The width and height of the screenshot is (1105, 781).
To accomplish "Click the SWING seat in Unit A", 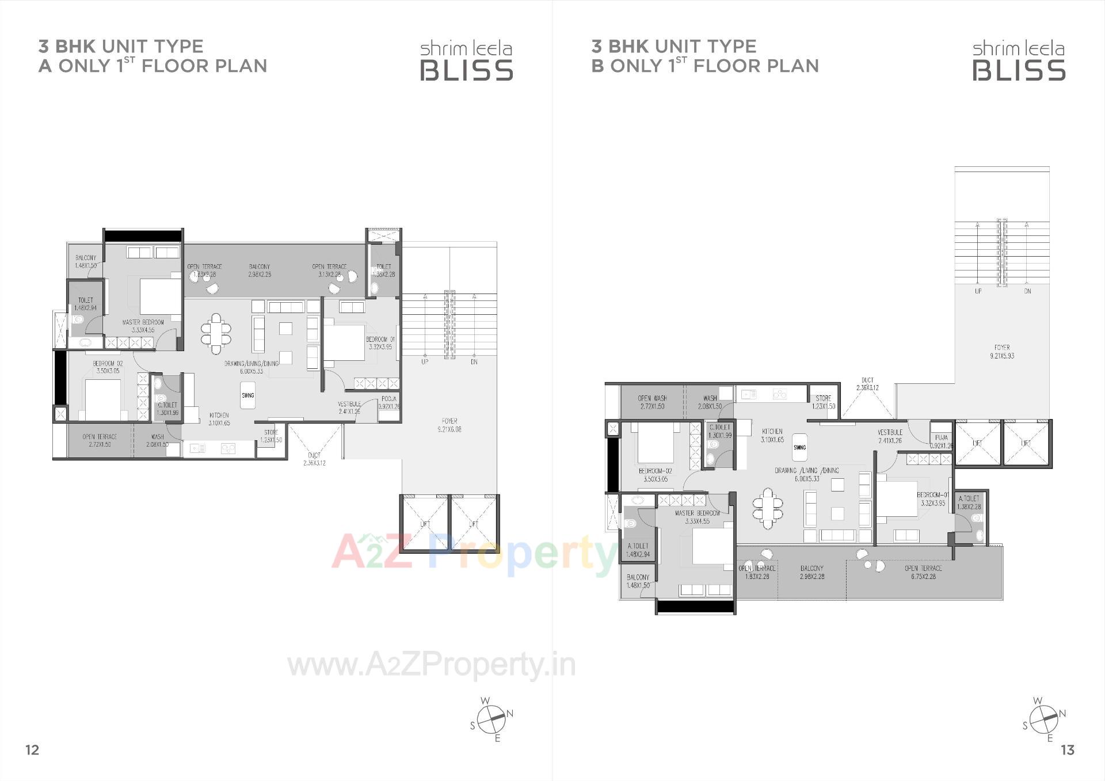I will tap(247, 396).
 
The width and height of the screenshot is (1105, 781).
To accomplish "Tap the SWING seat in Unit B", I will tap(799, 447).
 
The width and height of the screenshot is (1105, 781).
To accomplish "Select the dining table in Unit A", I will tap(216, 333).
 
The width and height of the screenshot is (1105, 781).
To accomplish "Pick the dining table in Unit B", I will tap(768, 508).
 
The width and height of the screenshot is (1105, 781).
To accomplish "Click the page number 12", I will tap(32, 749).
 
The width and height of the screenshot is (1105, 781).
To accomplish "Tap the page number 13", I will tap(1067, 750).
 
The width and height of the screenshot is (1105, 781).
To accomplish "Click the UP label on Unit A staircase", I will tap(425, 362).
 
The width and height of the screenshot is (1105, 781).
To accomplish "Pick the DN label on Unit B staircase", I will tap(1027, 291).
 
